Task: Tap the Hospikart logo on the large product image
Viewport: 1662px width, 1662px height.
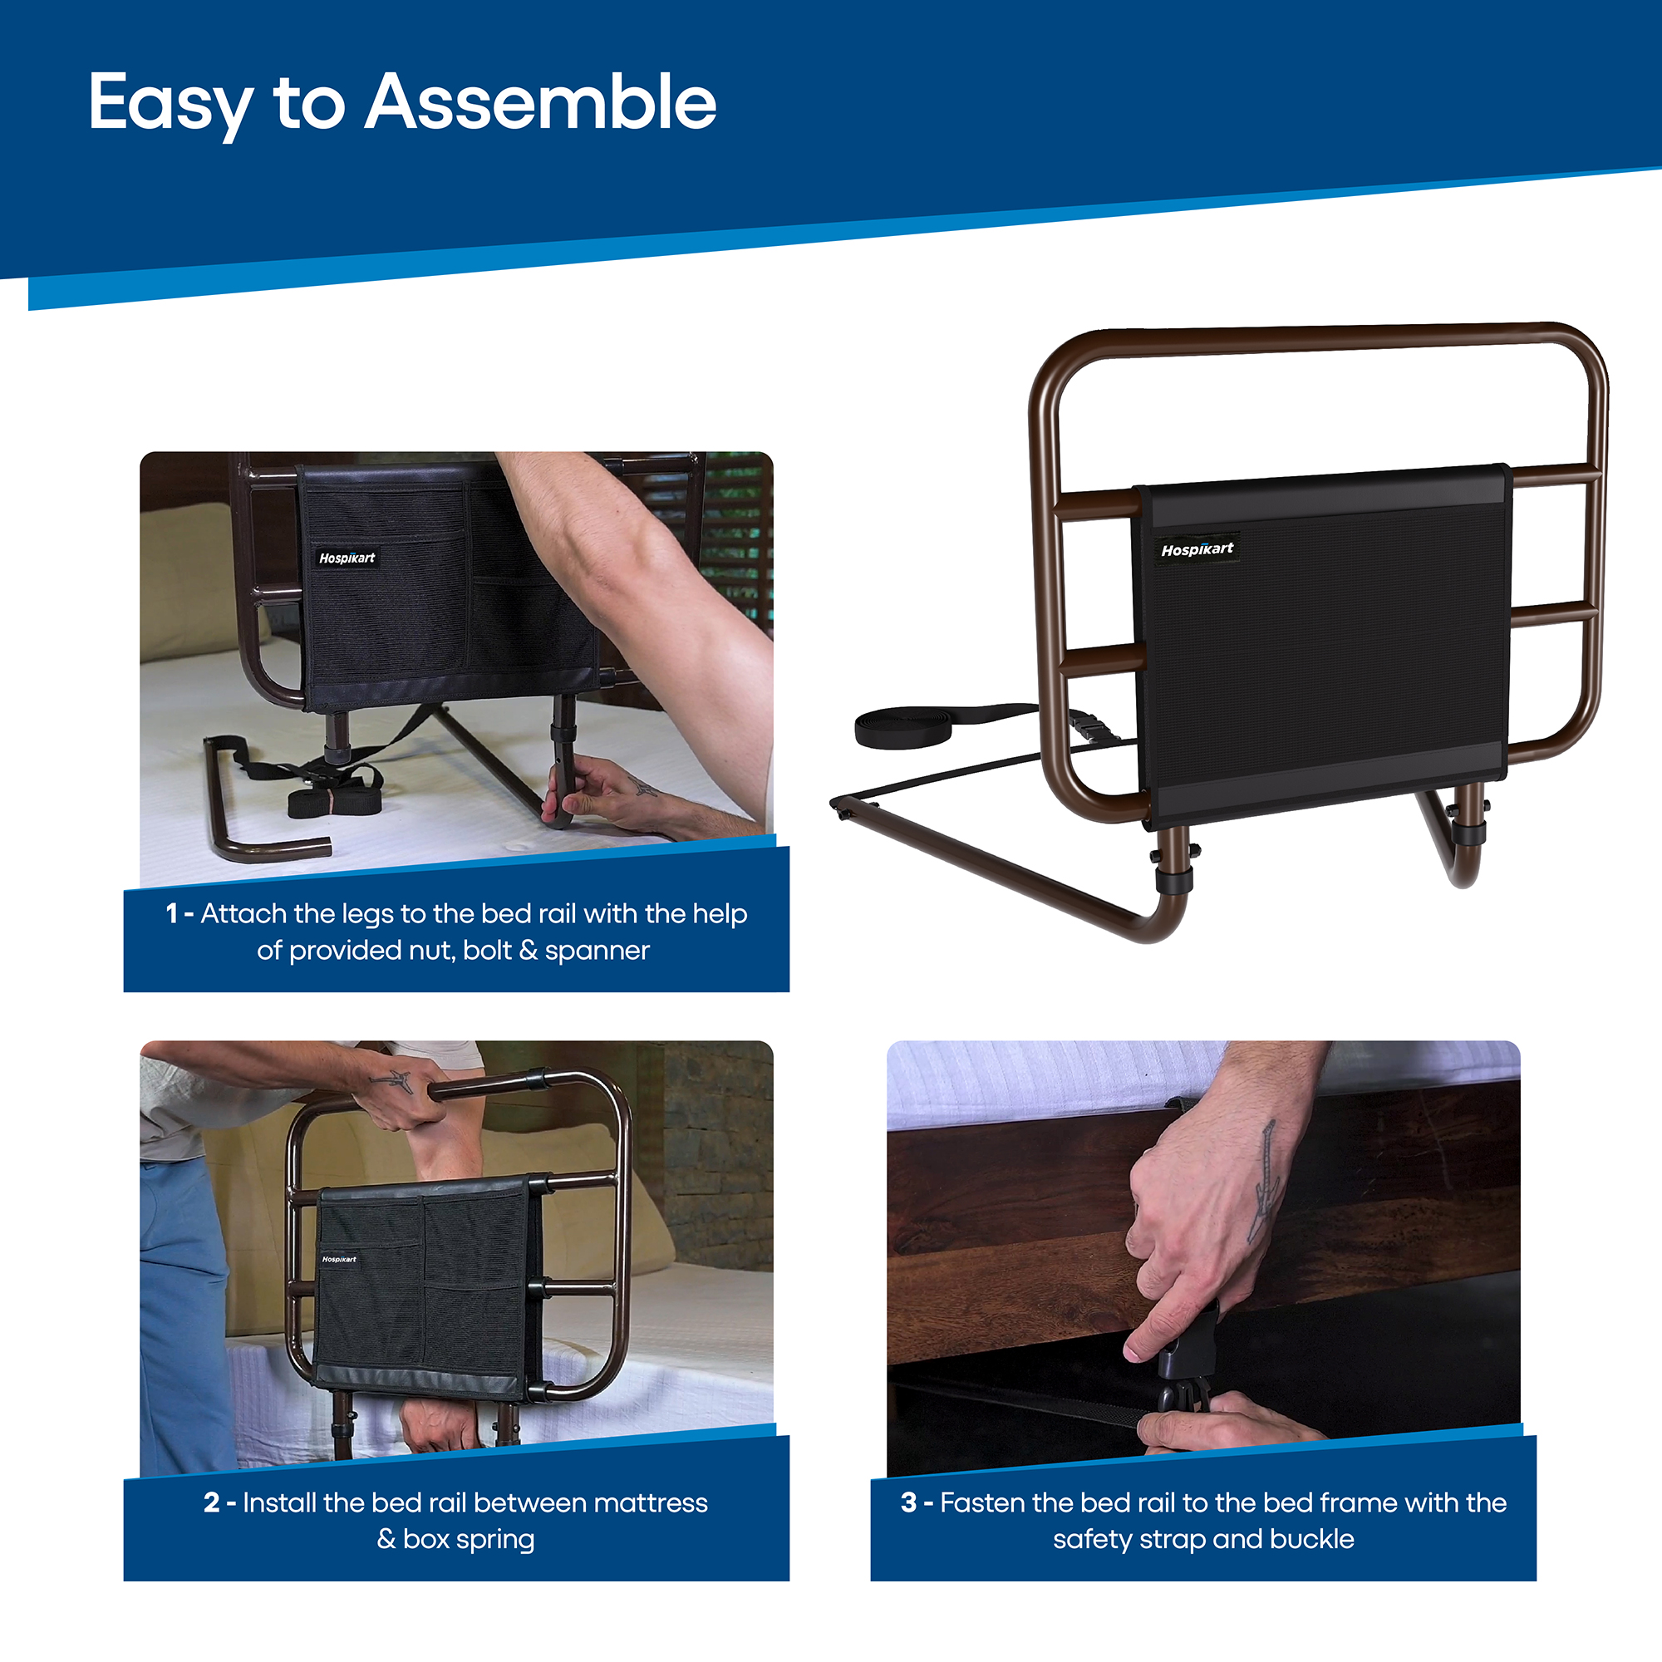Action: (1197, 548)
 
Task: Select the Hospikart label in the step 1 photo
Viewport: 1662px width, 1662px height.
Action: (347, 558)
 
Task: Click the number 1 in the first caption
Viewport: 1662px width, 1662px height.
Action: (172, 913)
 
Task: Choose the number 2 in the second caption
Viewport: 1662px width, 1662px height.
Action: (212, 1502)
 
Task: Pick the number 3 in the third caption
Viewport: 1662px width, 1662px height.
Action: (908, 1502)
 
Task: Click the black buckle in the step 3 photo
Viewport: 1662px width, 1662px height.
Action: (1183, 1368)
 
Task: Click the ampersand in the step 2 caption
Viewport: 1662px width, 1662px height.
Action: (386, 1539)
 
